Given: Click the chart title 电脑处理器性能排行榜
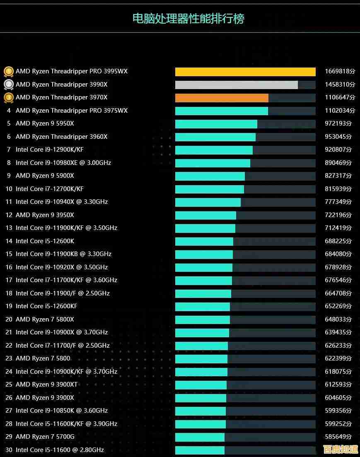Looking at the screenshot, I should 188,19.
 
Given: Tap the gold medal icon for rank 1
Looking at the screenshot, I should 8,72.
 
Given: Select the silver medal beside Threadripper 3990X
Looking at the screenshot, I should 8,85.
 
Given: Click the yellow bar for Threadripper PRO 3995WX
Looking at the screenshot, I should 245,72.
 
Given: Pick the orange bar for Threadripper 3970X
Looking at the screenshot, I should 222,98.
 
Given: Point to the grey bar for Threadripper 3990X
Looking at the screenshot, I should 236,85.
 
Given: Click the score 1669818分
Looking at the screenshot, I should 340,71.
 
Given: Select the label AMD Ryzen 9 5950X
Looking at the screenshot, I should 45,123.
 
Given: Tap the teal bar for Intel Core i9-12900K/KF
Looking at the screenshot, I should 214,150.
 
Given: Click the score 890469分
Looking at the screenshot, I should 338,163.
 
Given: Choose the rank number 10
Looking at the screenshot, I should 9,189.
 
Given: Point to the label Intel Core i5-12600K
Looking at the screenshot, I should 45,241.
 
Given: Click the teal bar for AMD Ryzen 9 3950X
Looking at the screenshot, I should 205,215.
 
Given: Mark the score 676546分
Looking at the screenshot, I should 338,280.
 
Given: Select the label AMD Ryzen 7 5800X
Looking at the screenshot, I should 45,319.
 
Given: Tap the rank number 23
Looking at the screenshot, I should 9,358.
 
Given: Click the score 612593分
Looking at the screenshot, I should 338,384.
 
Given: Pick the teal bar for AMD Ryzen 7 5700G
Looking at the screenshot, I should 200,437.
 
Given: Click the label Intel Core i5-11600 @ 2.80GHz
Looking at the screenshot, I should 60,450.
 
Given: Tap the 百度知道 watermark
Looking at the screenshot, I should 340,450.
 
